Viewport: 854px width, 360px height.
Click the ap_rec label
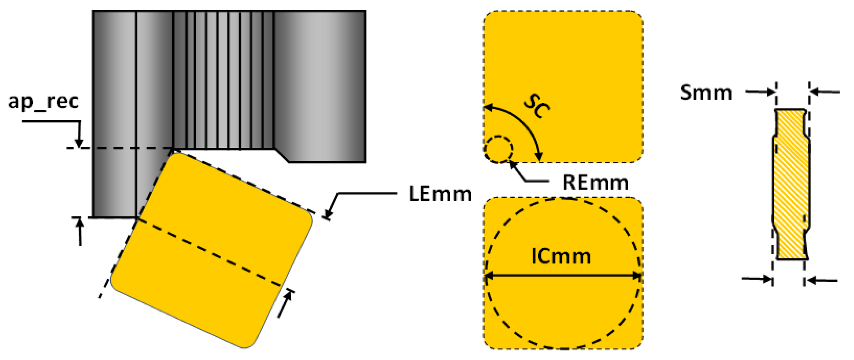tap(43, 101)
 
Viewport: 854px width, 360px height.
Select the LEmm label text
tap(440, 194)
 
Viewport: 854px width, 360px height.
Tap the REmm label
tap(595, 182)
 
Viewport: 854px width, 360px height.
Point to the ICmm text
tap(561, 257)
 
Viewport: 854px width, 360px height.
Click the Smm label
tap(706, 92)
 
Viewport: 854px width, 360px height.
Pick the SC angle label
tap(536, 106)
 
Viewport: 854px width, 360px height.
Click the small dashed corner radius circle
tap(499, 149)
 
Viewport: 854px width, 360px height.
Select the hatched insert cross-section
tap(790, 184)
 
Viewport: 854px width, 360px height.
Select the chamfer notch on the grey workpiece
tap(282, 156)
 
